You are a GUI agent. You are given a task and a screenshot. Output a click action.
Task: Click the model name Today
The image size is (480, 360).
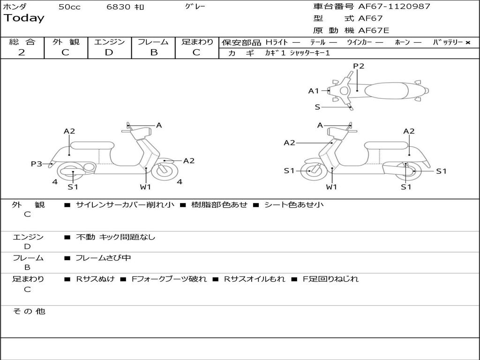click(x=24, y=18)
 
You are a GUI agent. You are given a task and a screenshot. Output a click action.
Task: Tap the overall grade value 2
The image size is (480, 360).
click(x=22, y=52)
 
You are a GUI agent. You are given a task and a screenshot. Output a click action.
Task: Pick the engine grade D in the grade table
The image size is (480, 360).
click(x=109, y=52)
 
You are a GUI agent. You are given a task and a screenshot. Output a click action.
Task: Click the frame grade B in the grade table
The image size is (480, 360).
click(x=153, y=52)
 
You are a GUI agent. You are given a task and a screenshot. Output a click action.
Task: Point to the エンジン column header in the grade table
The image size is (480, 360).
click(x=109, y=42)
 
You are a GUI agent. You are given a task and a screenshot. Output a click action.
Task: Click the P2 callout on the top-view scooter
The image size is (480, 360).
click(x=359, y=66)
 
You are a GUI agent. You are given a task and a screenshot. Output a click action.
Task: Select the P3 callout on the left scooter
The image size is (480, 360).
click(x=36, y=164)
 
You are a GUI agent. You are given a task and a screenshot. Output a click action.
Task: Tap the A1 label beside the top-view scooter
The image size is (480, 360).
click(x=314, y=91)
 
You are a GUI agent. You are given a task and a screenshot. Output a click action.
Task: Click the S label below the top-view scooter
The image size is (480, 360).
click(x=317, y=107)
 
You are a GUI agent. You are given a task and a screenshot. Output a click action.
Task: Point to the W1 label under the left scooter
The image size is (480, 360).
click(x=145, y=187)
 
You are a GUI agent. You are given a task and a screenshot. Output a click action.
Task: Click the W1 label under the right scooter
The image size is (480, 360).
click(x=331, y=187)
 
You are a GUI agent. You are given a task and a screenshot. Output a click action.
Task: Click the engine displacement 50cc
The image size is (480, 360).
click(x=69, y=7)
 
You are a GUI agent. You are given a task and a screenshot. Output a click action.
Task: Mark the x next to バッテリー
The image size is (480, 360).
click(x=467, y=43)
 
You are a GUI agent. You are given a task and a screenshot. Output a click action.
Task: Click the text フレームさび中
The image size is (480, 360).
click(x=103, y=258)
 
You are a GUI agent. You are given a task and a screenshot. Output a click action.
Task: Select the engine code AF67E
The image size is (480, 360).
click(x=374, y=30)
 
